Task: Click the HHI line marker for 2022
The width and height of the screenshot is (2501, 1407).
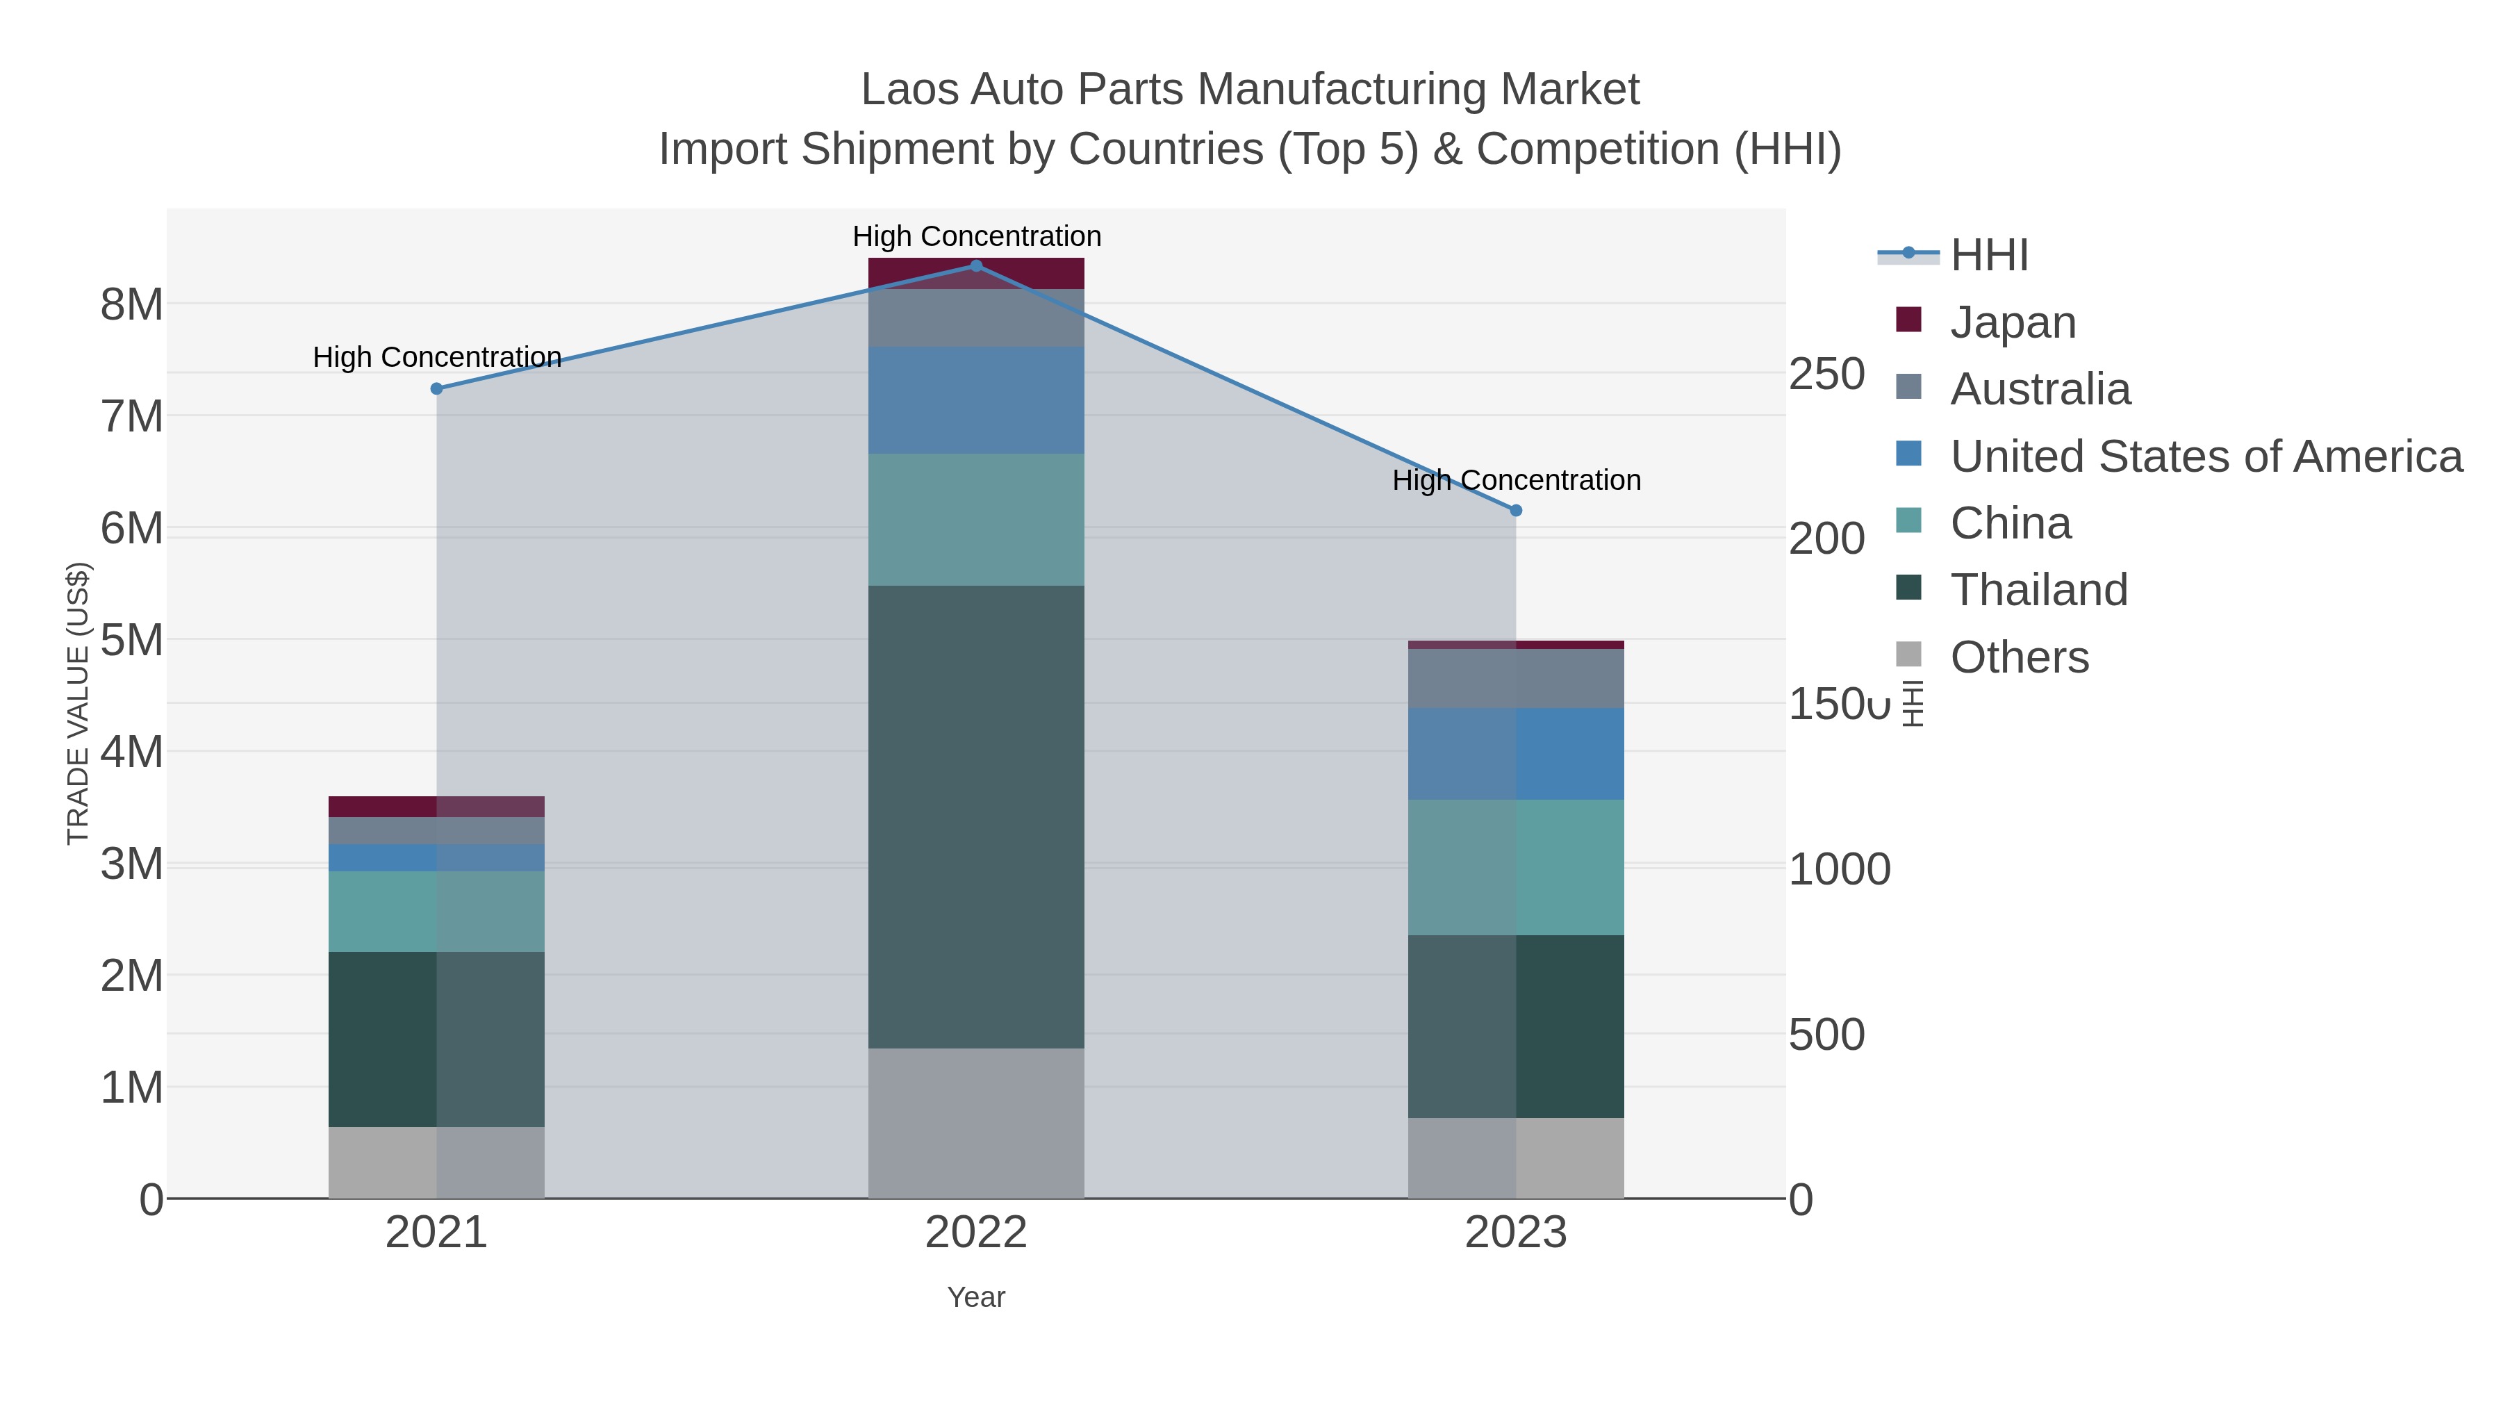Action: click(x=976, y=266)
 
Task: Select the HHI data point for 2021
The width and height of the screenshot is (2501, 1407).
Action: click(x=436, y=388)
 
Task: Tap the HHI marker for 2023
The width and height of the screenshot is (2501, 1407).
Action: click(x=1516, y=511)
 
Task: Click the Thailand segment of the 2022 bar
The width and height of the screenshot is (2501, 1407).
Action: click(x=976, y=816)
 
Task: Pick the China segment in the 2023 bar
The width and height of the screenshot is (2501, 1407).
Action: click(x=1516, y=867)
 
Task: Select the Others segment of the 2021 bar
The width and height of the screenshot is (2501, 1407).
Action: click(x=436, y=1162)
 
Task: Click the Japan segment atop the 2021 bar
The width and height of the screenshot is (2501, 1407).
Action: click(x=436, y=806)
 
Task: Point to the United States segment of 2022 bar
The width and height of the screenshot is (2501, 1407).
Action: click(x=976, y=400)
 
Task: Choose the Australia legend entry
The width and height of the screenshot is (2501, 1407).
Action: click(x=2040, y=389)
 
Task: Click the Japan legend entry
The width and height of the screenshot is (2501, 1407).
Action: click(x=2013, y=322)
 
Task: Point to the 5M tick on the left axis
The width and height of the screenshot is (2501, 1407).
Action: click(x=132, y=641)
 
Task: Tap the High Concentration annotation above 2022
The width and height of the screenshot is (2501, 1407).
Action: click(x=977, y=236)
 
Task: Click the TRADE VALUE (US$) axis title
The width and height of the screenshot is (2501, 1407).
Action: click(x=78, y=703)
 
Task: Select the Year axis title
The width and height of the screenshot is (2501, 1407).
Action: click(x=976, y=1297)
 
